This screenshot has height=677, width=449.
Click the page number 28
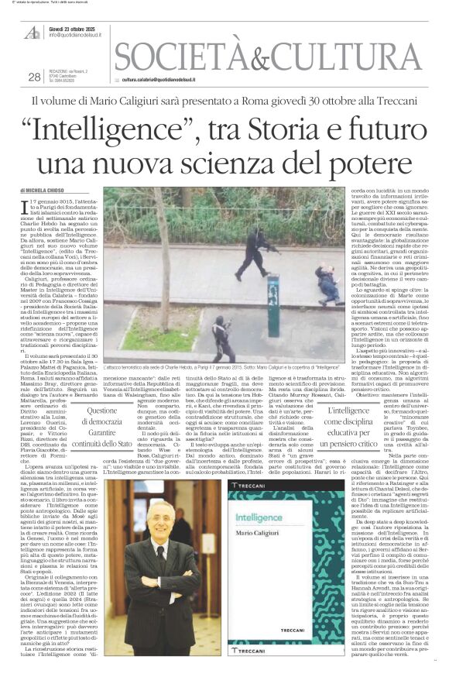(x=33, y=76)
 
